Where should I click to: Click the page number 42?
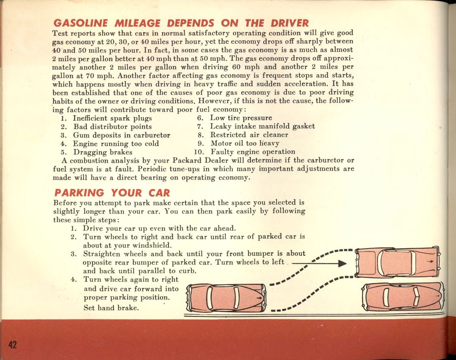(x=13, y=345)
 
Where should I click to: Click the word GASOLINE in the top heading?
(x=81, y=23)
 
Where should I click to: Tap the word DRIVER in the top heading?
(x=289, y=23)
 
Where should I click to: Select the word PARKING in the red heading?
(x=79, y=193)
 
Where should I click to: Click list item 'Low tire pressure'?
(x=241, y=118)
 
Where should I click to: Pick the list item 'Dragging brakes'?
(x=103, y=152)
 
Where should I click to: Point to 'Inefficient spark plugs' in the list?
(x=112, y=118)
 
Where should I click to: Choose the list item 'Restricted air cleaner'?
(x=249, y=135)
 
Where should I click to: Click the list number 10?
(x=199, y=152)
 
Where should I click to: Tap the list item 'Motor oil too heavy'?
(x=245, y=144)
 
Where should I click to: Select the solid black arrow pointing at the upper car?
(x=319, y=264)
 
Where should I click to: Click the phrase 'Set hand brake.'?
(x=111, y=308)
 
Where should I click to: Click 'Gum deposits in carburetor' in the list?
(x=121, y=135)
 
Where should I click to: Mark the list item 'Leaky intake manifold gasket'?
(x=262, y=126)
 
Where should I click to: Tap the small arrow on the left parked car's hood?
(x=259, y=298)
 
